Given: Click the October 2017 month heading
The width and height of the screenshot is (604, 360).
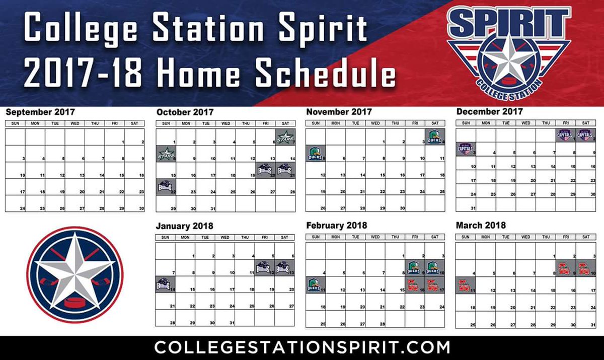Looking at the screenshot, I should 185,112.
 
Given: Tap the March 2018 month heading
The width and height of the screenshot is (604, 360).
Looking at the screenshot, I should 481,225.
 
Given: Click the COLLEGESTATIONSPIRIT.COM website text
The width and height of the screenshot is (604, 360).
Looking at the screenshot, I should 302,347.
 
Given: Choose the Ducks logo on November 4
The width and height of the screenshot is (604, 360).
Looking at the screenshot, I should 435,136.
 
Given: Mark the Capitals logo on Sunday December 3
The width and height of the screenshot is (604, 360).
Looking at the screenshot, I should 466,149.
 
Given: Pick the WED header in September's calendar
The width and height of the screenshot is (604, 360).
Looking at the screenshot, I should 75,123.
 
